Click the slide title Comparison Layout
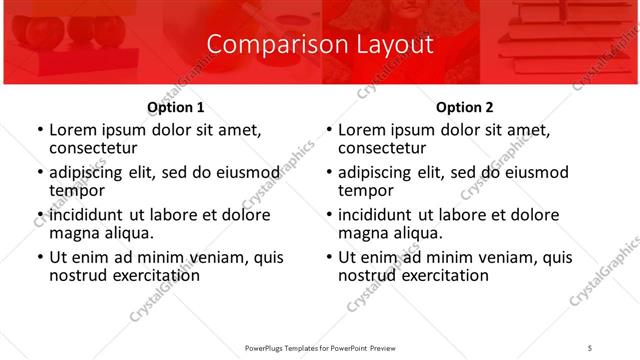point(320,45)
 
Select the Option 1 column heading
point(175,107)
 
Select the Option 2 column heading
point(464,107)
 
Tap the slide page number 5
point(590,346)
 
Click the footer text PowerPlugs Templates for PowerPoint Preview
point(321,346)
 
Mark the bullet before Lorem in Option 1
point(38,130)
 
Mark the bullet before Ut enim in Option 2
point(327,257)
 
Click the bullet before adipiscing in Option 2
point(327,172)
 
